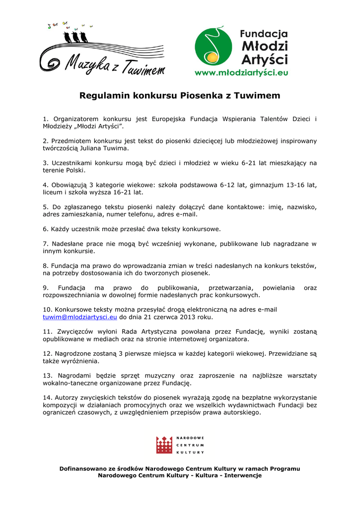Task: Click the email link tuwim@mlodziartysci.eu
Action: (x=80, y=317)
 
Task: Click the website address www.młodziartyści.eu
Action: (x=241, y=72)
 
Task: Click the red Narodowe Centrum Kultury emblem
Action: (x=164, y=444)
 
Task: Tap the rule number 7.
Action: (x=45, y=244)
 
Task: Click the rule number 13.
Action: (x=47, y=376)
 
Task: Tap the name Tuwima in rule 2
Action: (x=116, y=148)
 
